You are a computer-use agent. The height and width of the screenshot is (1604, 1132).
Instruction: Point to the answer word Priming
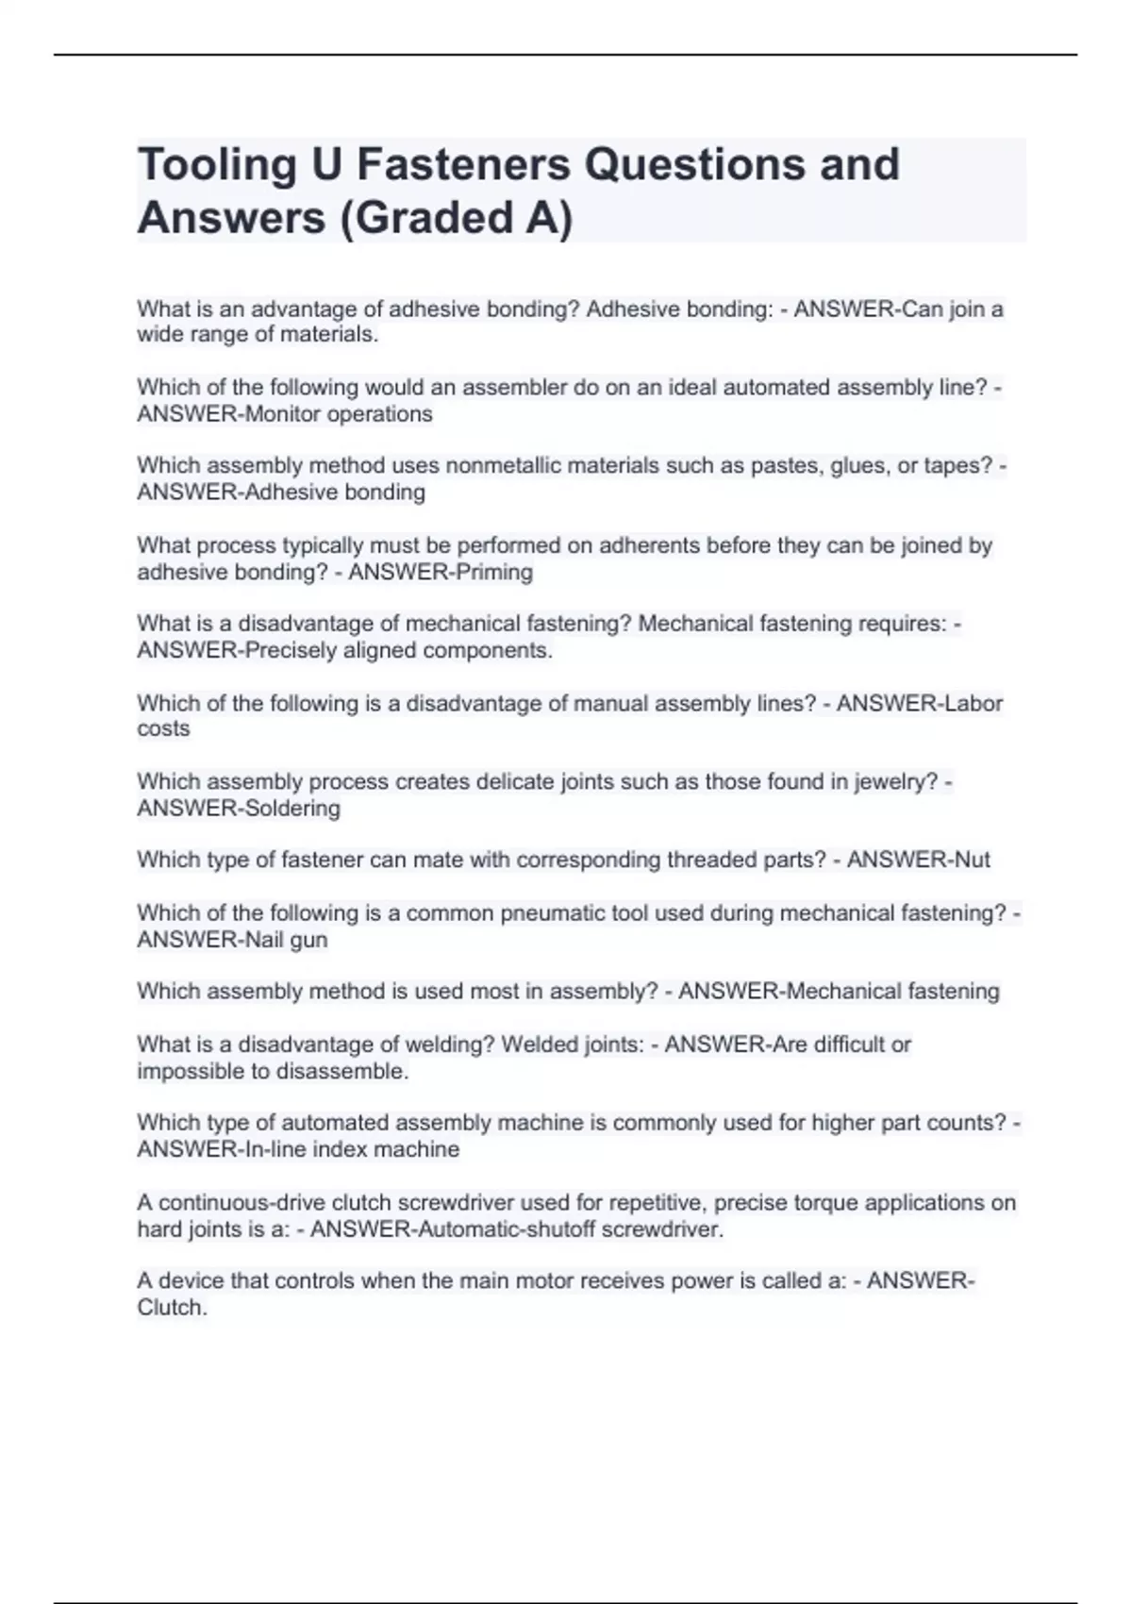(494, 572)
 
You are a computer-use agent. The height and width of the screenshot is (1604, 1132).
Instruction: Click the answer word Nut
(973, 860)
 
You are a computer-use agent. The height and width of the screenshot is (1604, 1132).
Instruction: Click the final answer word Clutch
(172, 1308)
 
